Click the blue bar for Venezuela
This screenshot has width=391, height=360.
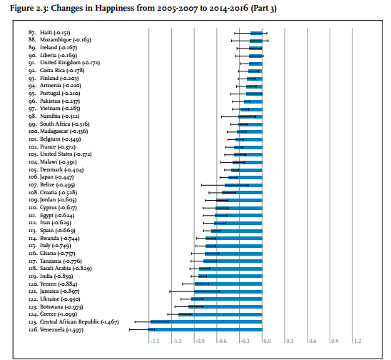pyautogui.click(x=205, y=329)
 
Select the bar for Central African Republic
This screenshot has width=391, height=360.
pyautogui.click(x=206, y=322)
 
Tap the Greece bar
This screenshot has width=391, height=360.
pyautogui.click(x=220, y=314)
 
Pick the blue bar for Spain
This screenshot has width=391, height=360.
pyautogui.click(x=237, y=231)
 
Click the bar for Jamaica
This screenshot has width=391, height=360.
pyautogui.click(x=228, y=291)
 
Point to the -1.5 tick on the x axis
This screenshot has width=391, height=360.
pyautogui.click(x=155, y=341)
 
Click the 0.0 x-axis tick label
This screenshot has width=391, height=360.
pyautogui.click(x=267, y=341)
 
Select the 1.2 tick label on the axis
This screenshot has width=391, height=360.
pyautogui.click(x=357, y=341)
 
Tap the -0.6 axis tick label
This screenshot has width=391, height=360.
pyautogui.click(x=222, y=341)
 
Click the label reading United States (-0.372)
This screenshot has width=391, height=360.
pyautogui.click(x=66, y=154)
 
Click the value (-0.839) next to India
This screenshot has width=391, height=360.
pyautogui.click(x=64, y=276)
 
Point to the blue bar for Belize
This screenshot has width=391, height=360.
pyautogui.click(x=243, y=185)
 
